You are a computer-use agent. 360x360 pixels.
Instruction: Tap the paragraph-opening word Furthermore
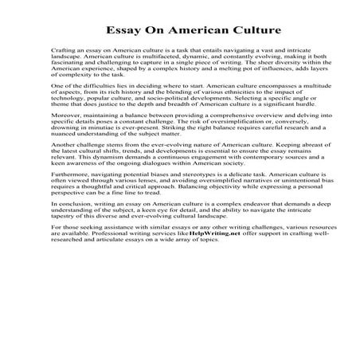[70, 226]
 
